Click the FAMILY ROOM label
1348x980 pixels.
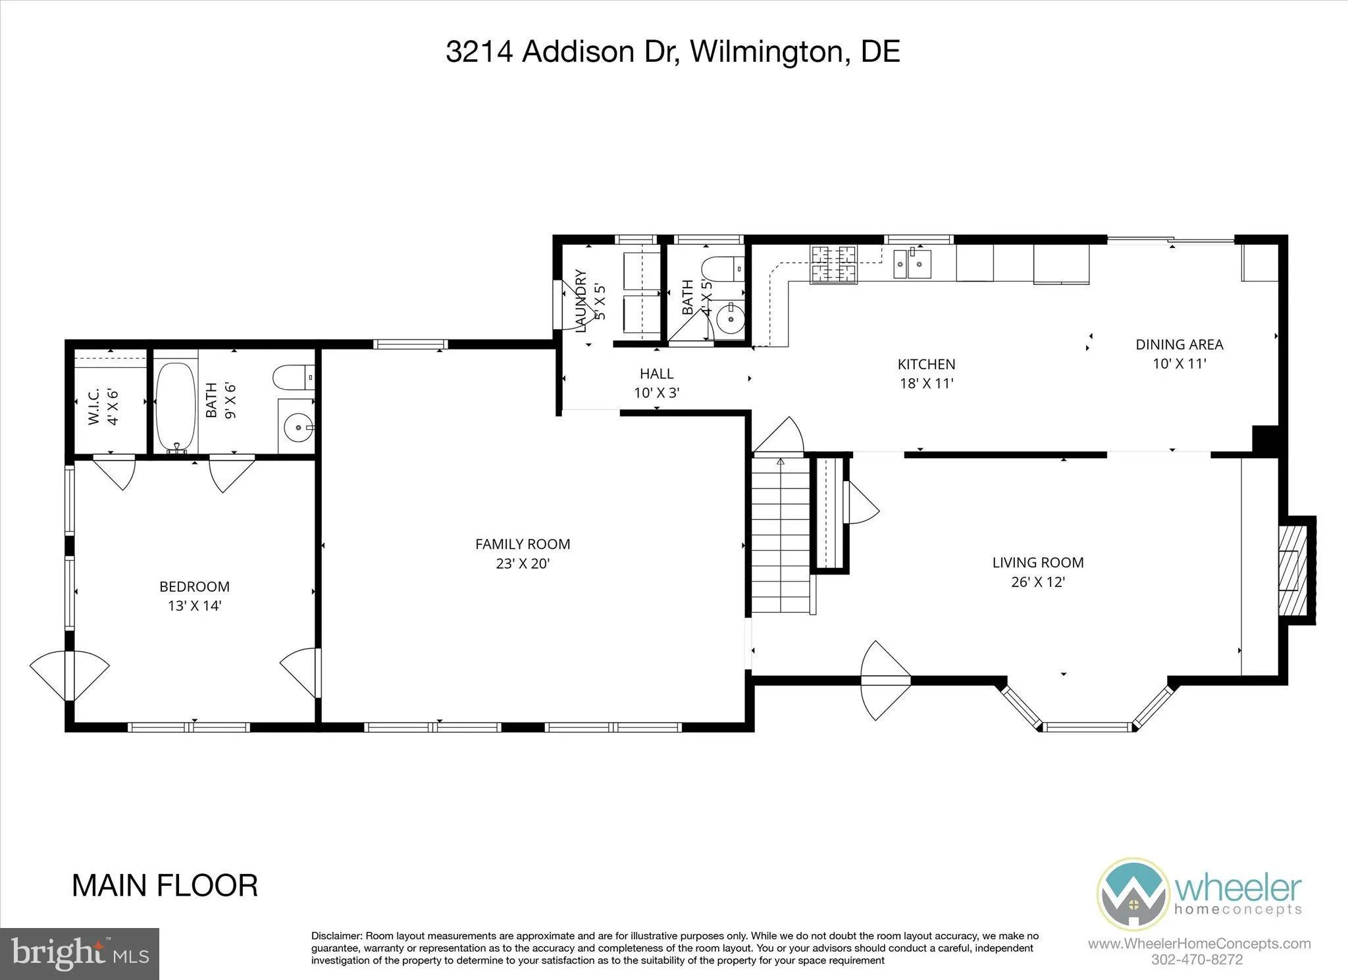[523, 544]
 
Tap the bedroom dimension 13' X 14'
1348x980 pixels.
[194, 606]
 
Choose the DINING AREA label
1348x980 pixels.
[1179, 344]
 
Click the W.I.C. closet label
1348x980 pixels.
[93, 406]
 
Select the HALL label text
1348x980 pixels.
[656, 374]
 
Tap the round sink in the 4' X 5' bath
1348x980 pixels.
[730, 319]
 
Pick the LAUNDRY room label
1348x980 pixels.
[581, 300]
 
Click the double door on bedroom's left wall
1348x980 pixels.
[69, 676]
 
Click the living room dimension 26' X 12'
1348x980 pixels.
[1038, 582]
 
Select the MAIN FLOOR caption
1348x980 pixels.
[165, 886]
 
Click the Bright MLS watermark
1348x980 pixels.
[80, 953]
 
